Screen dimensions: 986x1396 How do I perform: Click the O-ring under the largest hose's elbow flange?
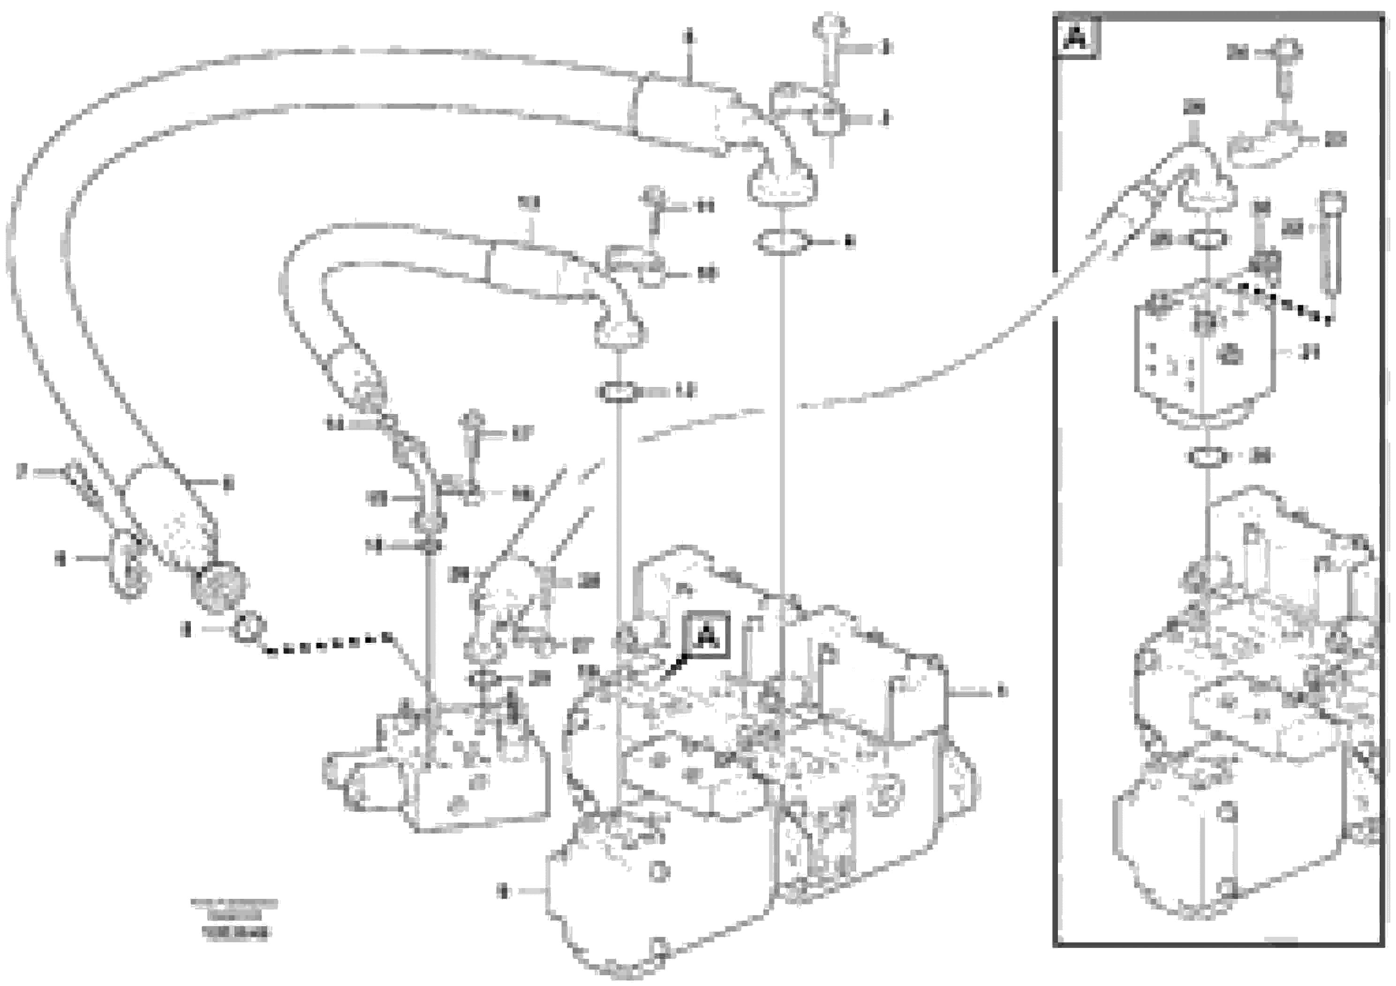tap(781, 243)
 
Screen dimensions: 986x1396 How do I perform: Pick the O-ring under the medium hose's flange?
tap(618, 392)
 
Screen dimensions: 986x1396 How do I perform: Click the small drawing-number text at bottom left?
tap(234, 918)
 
